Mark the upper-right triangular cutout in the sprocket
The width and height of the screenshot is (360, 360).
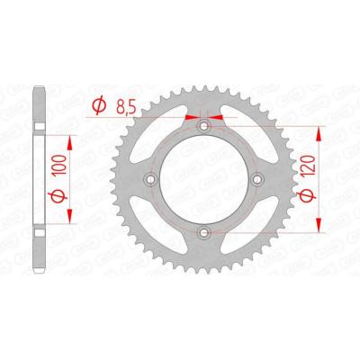(x=247, y=135)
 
